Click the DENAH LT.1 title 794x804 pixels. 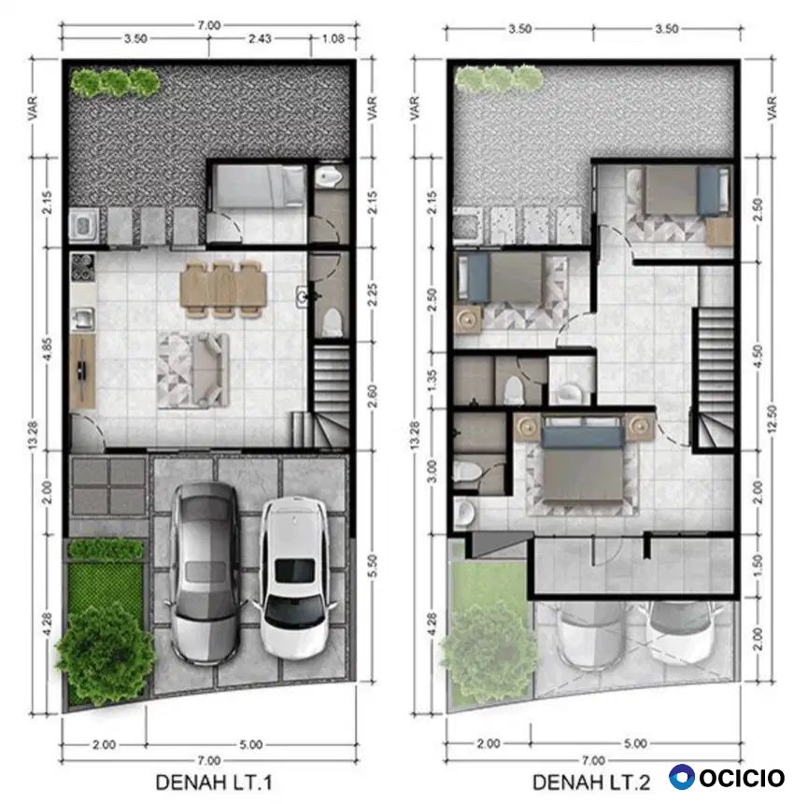pyautogui.click(x=213, y=783)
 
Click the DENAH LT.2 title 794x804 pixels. pyautogui.click(x=591, y=783)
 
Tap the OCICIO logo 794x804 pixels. pyautogui.click(x=727, y=777)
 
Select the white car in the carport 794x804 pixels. pyautogui.click(x=295, y=578)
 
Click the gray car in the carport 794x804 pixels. pyautogui.click(x=206, y=574)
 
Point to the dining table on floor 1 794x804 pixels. pyautogui.click(x=223, y=289)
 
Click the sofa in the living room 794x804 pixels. pyautogui.click(x=210, y=370)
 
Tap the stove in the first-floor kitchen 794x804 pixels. pyautogui.click(x=82, y=268)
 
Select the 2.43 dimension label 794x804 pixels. pyautogui.click(x=260, y=38)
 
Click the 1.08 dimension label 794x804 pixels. pyautogui.click(x=333, y=38)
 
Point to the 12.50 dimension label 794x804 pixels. pyautogui.click(x=773, y=418)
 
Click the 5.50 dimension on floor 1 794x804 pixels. pyautogui.click(x=373, y=566)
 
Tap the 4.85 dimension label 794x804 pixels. pyautogui.click(x=48, y=348)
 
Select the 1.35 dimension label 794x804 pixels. pyautogui.click(x=432, y=380)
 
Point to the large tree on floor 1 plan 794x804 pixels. pyautogui.click(x=106, y=649)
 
